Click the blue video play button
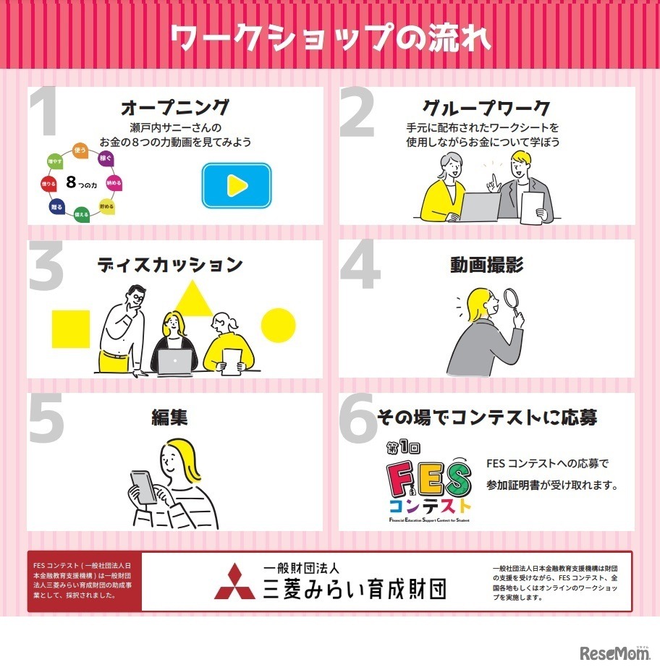point(236,185)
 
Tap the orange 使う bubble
point(80,150)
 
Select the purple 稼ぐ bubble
point(106,158)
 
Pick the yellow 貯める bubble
point(106,206)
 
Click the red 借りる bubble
point(49,185)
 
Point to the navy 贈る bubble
point(57,207)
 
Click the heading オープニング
point(175,109)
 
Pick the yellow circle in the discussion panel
point(278,326)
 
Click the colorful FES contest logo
point(429,483)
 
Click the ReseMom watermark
point(615,654)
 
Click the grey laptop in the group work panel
point(479,206)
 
